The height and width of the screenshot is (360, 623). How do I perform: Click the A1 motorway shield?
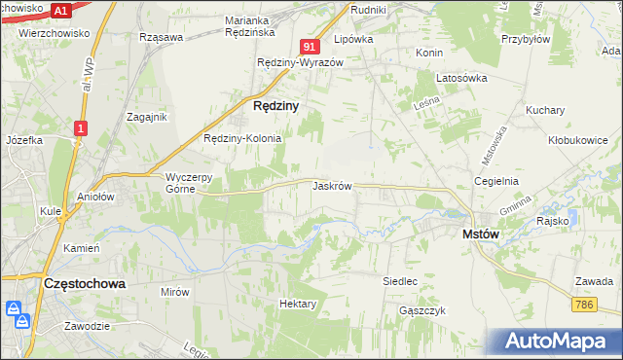(60, 11)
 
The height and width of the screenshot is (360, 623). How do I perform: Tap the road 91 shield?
(310, 46)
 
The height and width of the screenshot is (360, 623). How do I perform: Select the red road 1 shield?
(81, 127)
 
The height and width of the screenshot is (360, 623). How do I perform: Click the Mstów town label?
(481, 234)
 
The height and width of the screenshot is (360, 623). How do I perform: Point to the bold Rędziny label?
(275, 105)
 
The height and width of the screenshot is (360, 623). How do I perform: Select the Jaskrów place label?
(332, 185)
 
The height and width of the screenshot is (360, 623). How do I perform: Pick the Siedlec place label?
(399, 281)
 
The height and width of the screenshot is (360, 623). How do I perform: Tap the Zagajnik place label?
(148, 116)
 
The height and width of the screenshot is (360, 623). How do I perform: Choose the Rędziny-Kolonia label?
(241, 138)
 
